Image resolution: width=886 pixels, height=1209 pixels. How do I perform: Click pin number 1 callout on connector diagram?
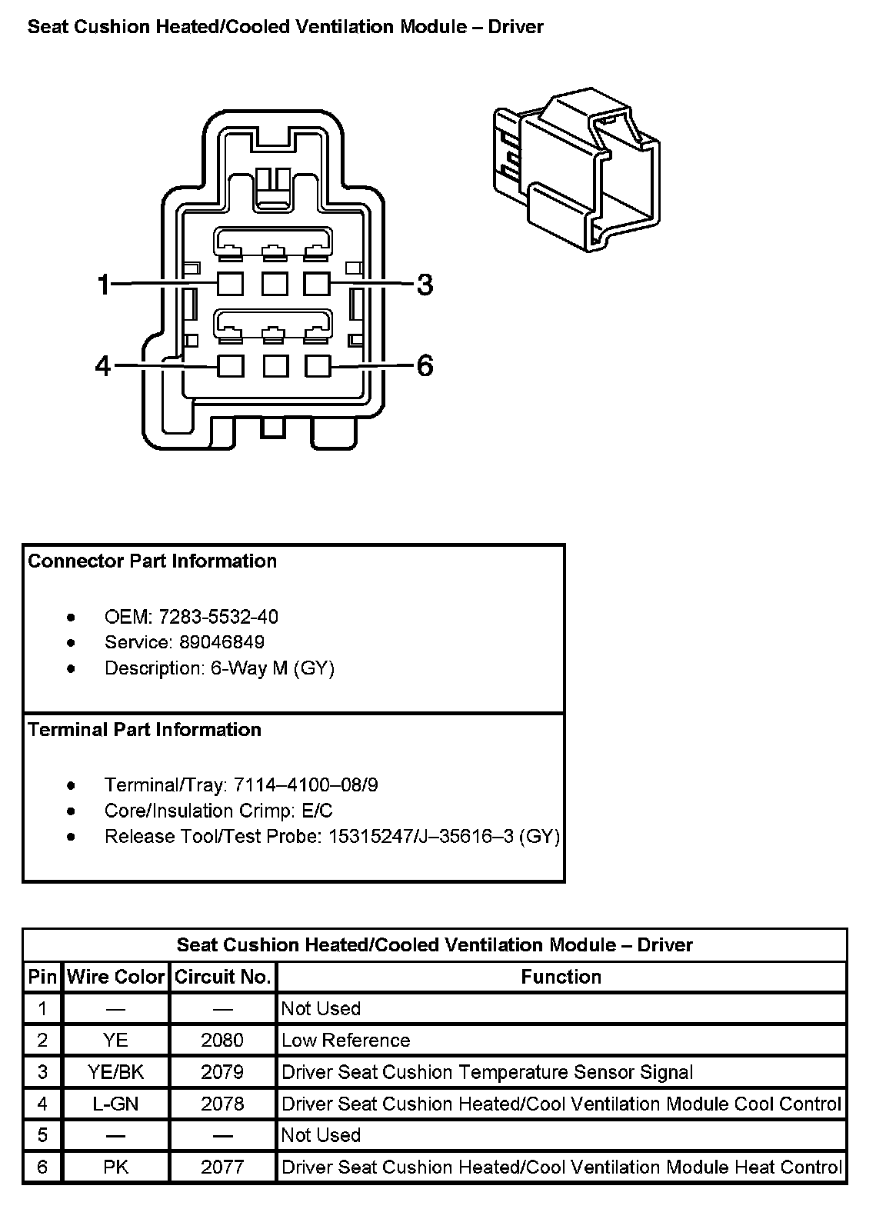pos(103,285)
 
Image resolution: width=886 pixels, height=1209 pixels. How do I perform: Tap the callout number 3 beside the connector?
pos(425,285)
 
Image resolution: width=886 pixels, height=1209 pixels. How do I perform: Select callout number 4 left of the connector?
pos(103,366)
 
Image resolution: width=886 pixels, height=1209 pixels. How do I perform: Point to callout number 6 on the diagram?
pos(425,366)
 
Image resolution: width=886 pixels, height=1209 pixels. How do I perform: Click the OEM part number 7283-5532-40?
pos(218,617)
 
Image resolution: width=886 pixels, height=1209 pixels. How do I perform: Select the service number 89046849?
pos(221,642)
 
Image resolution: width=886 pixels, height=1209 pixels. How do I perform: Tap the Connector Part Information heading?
pos(152,561)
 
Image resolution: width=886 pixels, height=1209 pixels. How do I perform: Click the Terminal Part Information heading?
pos(145,730)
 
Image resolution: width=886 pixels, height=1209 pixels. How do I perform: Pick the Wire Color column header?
pos(116,977)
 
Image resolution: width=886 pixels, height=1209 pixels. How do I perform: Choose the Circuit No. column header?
pos(223,977)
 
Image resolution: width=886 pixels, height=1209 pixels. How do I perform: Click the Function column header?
pos(561,977)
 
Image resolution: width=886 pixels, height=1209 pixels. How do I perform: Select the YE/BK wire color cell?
pos(116,1072)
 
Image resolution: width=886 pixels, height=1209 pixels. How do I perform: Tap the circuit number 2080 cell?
pos(222,1041)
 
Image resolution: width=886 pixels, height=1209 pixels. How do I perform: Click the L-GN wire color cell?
pos(116,1104)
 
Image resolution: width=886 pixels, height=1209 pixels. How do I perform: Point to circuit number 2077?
pos(222,1167)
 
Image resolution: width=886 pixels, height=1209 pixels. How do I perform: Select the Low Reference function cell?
pos(346,1041)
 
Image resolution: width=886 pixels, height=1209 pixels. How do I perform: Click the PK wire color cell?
pos(116,1167)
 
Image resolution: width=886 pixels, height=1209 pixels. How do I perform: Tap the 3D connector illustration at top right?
pos(577,169)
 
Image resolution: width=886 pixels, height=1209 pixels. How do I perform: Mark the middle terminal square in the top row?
pos(275,284)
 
